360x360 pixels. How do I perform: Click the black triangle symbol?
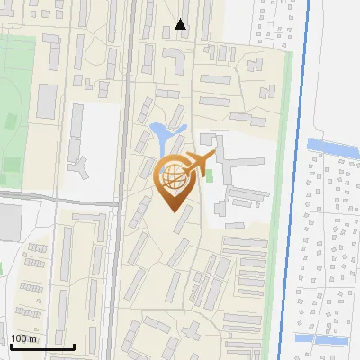181,24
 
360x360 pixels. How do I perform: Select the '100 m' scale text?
23,338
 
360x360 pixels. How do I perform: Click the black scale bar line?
42,346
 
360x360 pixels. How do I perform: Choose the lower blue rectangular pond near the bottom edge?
320,339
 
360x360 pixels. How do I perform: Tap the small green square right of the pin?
210,175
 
